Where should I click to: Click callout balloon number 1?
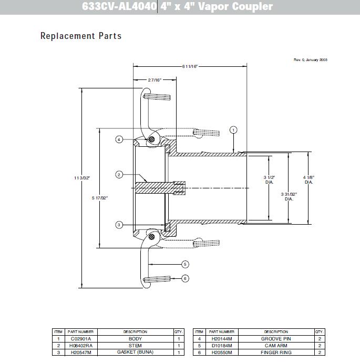pyautogui.click(x=234, y=129)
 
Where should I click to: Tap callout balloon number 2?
pyautogui.click(x=119, y=174)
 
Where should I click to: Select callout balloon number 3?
pyautogui.click(x=119, y=225)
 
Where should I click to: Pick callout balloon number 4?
pyautogui.click(x=119, y=139)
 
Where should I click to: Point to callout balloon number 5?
pyautogui.click(x=185, y=264)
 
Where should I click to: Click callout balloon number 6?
pyautogui.click(x=185, y=278)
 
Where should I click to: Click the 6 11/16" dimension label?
pyautogui.click(x=190, y=66)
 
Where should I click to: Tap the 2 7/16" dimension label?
pyautogui.click(x=153, y=79)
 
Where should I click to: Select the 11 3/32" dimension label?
pyautogui.click(x=83, y=178)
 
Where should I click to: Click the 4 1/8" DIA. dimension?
pyautogui.click(x=308, y=180)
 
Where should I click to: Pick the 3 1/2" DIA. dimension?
pyautogui.click(x=269, y=180)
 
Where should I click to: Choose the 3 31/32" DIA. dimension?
pyautogui.click(x=289, y=196)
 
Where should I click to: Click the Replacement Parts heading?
pyautogui.click(x=81, y=36)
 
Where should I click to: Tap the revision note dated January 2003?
pyautogui.click(x=310, y=60)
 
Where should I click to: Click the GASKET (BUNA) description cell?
pyautogui.click(x=135, y=352)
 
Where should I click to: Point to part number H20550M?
pyautogui.click(x=221, y=352)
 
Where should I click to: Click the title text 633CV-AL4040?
pyautogui.click(x=119, y=7)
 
